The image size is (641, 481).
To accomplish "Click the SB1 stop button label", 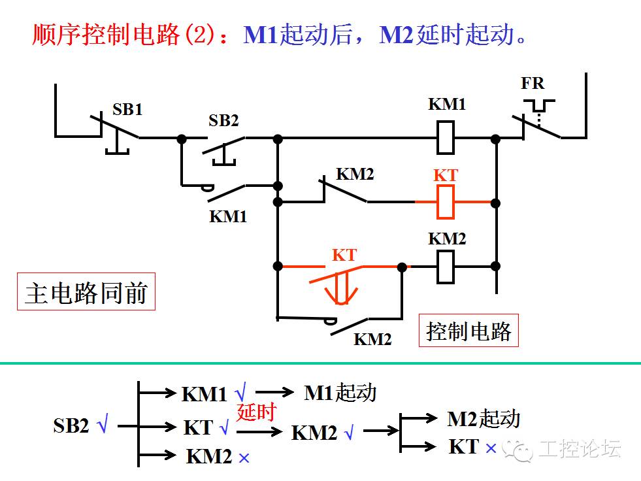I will tap(127, 109).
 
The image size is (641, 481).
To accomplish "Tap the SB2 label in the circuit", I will tap(223, 121).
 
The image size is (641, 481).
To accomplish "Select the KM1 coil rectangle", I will tap(446, 138).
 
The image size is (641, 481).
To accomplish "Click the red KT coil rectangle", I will tap(446, 202).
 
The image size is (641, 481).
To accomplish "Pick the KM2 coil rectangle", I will tap(446, 266).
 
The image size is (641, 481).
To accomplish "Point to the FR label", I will tap(532, 84).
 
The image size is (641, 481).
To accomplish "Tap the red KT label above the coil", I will tap(446, 175).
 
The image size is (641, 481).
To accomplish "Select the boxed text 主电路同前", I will tap(86, 292).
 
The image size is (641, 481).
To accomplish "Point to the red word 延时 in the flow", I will tap(256, 412).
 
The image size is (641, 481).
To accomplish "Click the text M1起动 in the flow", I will tap(340, 392).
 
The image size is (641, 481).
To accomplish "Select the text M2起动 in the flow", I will tap(484, 418).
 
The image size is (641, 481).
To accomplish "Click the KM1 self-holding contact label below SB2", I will tap(228, 216).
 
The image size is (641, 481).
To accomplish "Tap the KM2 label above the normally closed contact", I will tap(355, 174).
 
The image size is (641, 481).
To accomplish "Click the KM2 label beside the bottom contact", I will tap(372, 339).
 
